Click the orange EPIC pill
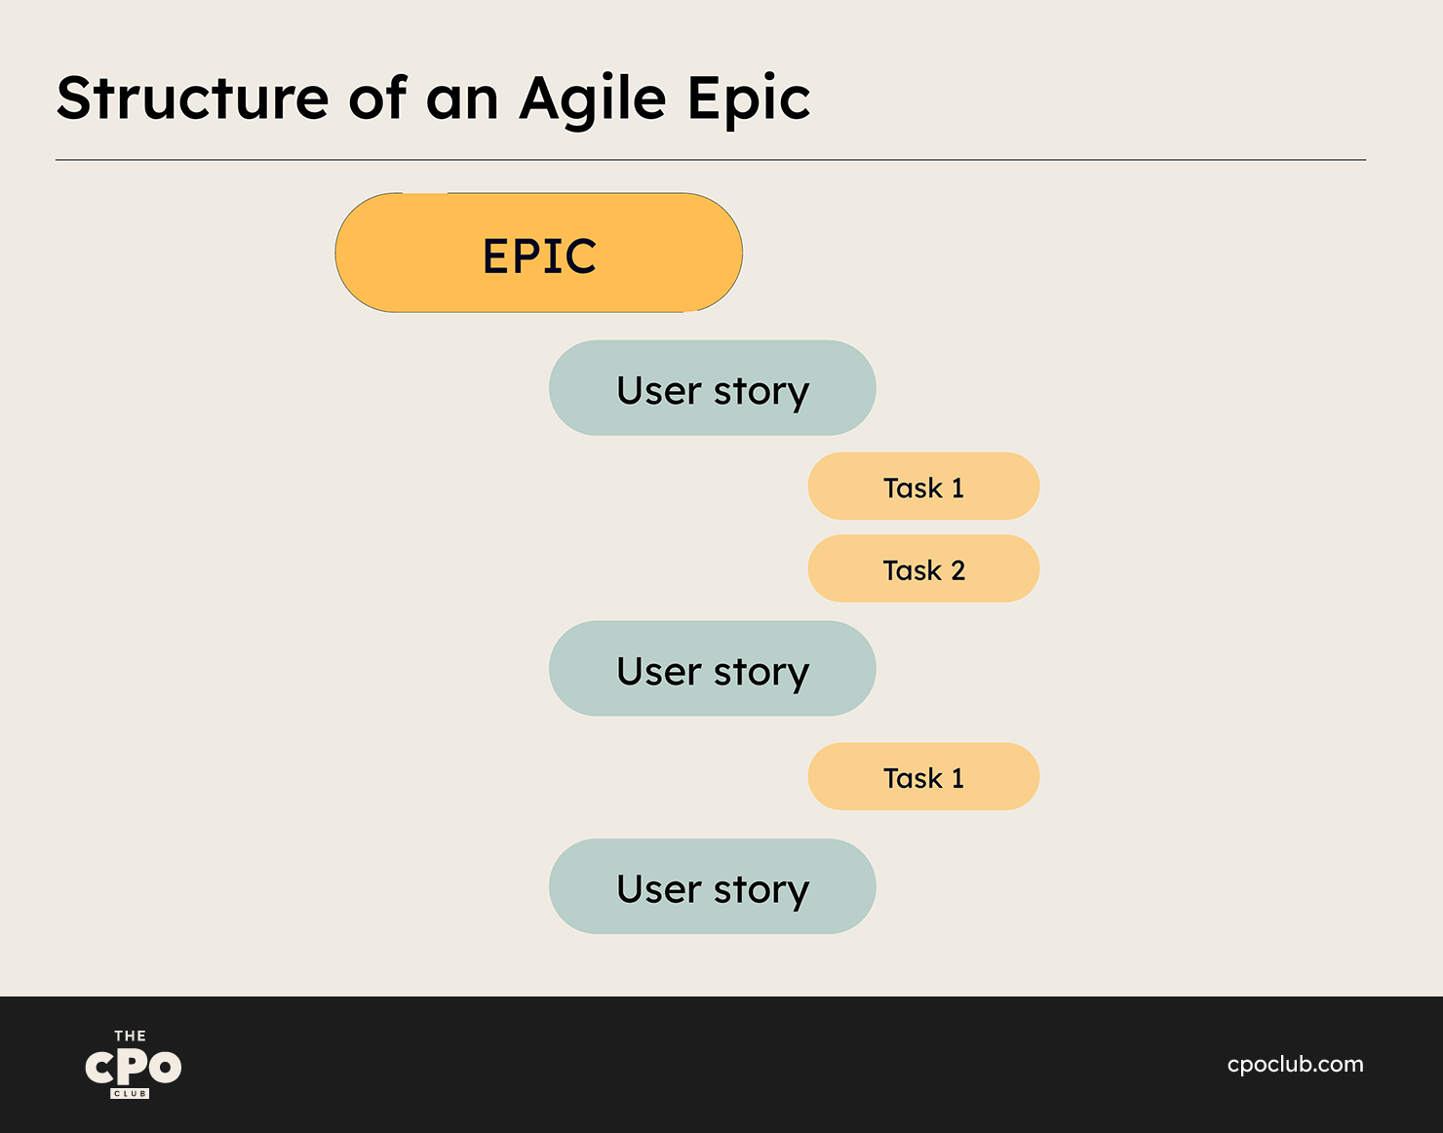point(538,253)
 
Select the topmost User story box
point(712,388)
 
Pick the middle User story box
point(712,668)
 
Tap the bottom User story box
point(712,886)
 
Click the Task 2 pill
point(923,568)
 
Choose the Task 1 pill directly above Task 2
point(923,487)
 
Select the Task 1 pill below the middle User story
point(923,776)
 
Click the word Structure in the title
point(193,98)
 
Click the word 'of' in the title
point(377,97)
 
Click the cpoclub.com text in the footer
point(1295,1064)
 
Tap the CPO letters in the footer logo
point(133,1067)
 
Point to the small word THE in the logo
point(130,1036)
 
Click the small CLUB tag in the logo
point(130,1093)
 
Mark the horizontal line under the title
point(711,160)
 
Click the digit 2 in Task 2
point(957,570)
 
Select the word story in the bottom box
point(761,891)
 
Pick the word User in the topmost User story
point(659,390)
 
